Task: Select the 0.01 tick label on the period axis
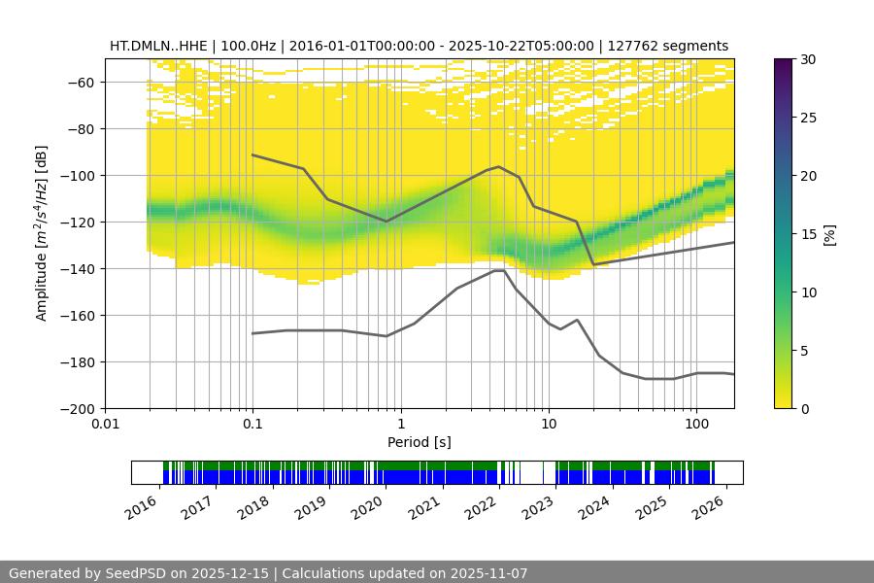(x=105, y=425)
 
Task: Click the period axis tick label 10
(x=548, y=425)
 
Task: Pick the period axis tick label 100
(x=695, y=425)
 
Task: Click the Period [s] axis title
(x=419, y=442)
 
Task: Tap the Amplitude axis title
(x=41, y=233)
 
